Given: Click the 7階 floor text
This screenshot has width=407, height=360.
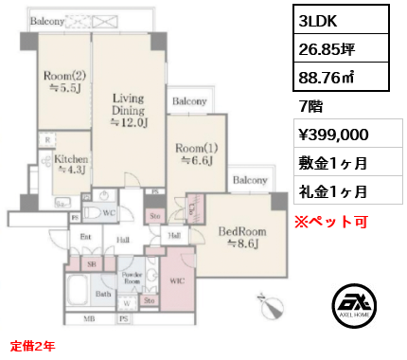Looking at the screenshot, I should [310, 108].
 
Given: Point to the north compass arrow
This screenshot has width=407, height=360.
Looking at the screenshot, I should [271, 306].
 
